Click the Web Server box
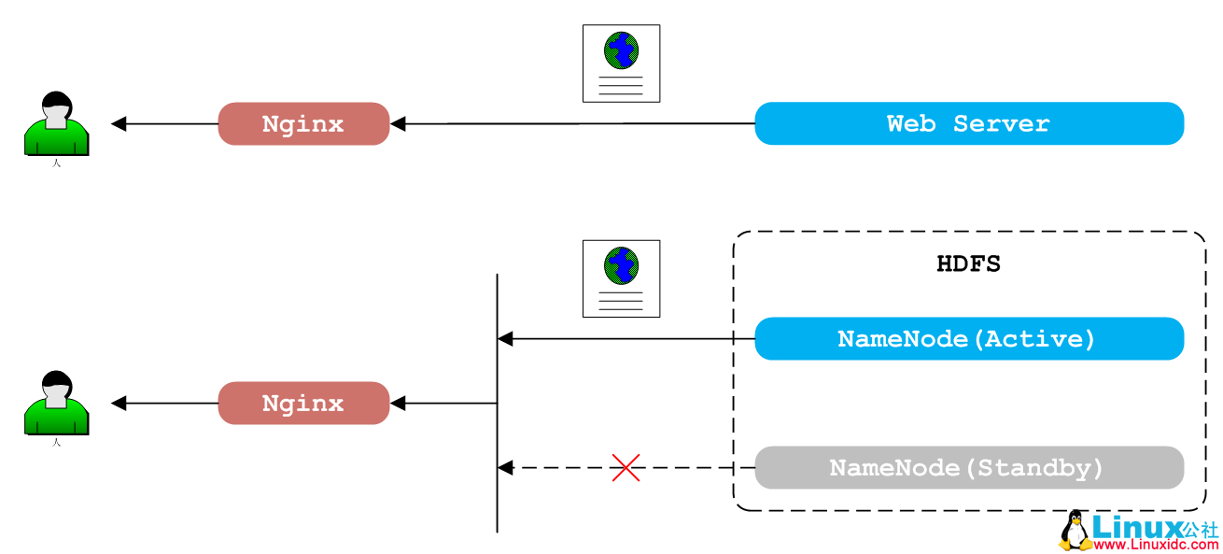pyautogui.click(x=968, y=123)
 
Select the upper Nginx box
pyautogui.click(x=303, y=123)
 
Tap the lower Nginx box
pyautogui.click(x=303, y=404)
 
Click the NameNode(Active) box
pyautogui.click(x=968, y=338)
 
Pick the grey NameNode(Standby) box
pyautogui.click(x=968, y=467)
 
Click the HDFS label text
pyautogui.click(x=968, y=264)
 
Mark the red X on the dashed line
pyautogui.click(x=626, y=467)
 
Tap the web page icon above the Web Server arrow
pyautogui.click(x=621, y=64)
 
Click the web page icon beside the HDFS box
pyautogui.click(x=621, y=278)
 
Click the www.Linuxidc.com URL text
pyautogui.click(x=1154, y=544)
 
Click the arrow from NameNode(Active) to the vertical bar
pyautogui.click(x=626, y=338)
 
